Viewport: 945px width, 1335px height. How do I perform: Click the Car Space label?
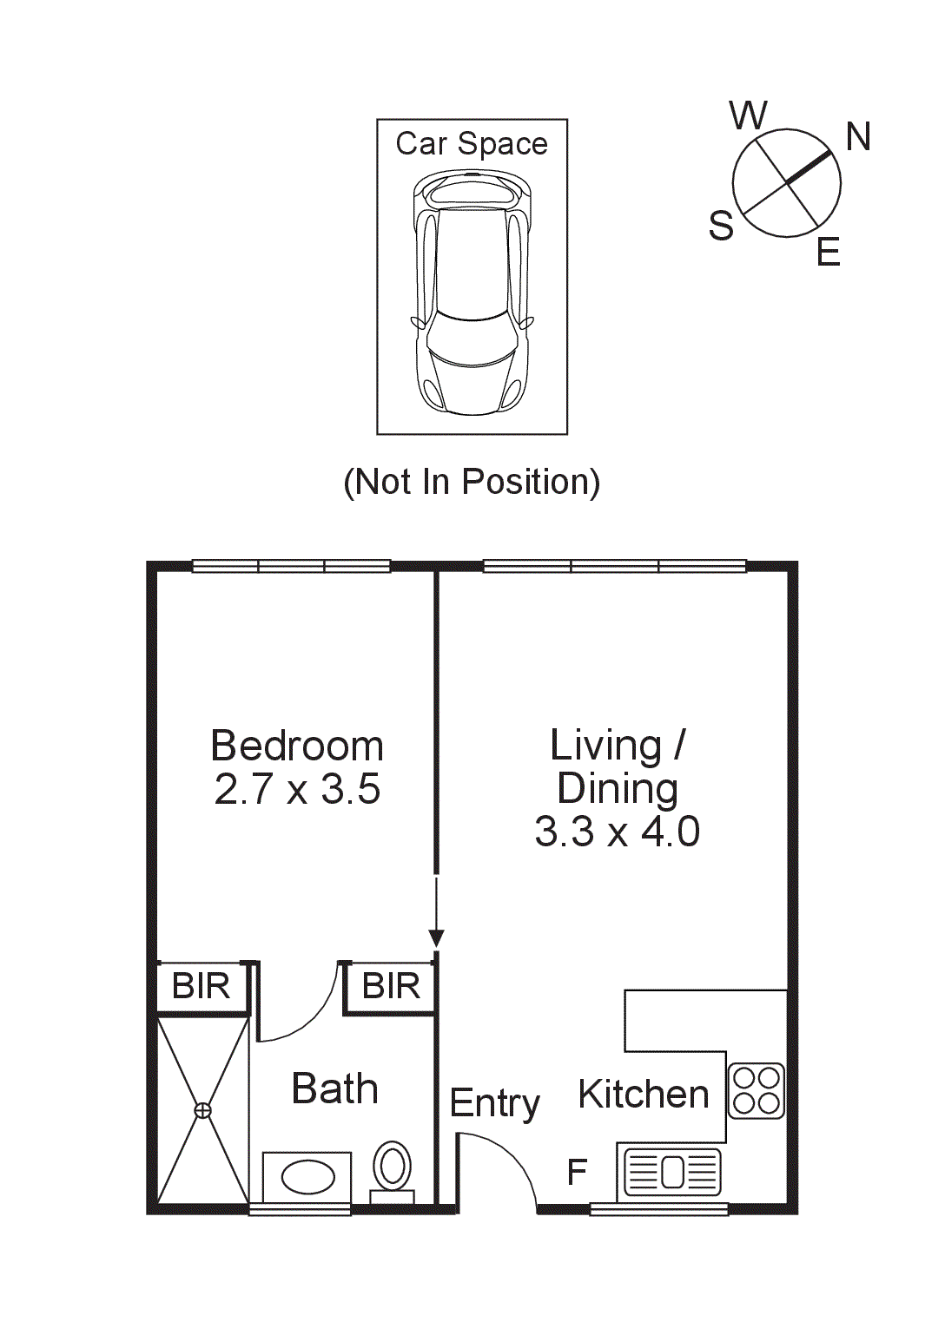pos(472,144)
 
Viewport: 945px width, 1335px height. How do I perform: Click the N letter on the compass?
pos(858,137)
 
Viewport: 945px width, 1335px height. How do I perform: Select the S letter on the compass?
pos(721,227)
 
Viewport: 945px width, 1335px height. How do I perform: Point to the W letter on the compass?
pos(748,115)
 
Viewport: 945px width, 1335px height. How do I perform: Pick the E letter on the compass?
pos(829,253)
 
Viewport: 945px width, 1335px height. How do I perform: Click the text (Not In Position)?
pos(472,482)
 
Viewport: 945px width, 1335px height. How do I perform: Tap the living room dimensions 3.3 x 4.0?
pos(617,832)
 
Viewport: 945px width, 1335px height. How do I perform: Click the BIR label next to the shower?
pos(201,987)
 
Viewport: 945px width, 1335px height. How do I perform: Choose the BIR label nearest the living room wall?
pos(391,987)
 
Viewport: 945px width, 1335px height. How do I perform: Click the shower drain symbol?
pos(202,1110)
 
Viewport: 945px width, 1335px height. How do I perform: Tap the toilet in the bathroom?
pos(393,1167)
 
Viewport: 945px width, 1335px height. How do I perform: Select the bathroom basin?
pos(307,1178)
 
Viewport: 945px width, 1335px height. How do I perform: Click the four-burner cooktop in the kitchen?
pos(756,1091)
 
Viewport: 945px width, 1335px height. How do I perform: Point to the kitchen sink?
pos(673,1172)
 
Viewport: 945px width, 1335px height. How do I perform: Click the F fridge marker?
pos(577,1173)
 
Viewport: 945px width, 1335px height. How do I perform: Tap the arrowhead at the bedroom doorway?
pos(436,938)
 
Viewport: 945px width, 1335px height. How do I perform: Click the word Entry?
pos(494,1104)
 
